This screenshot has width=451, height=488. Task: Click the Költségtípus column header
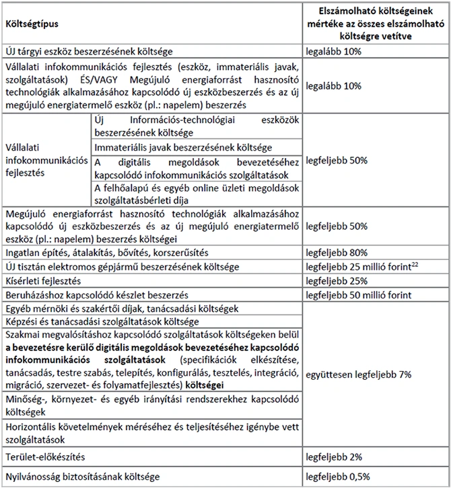point(32,24)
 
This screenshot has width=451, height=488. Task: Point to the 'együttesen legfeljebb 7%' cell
point(357,373)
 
